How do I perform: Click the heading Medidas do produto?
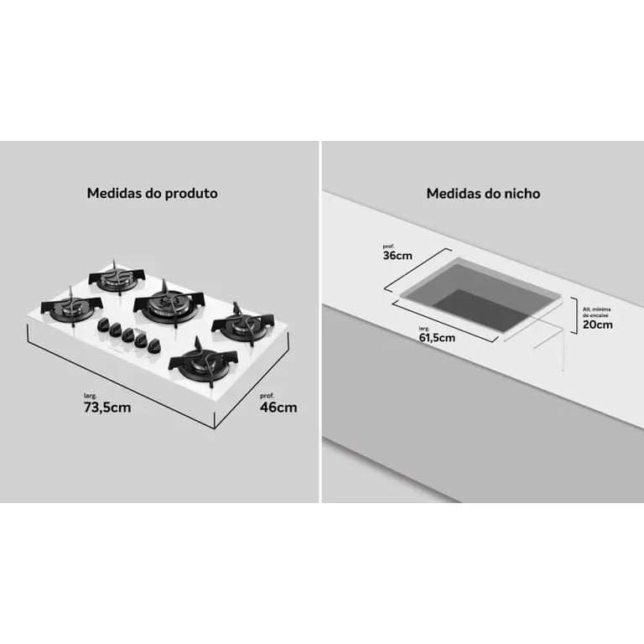152,194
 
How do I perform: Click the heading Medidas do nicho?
483,194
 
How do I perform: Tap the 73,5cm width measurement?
107,408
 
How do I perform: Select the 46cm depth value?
278,408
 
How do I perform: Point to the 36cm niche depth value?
397,256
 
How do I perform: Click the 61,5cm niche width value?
437,338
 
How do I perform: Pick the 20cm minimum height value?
598,325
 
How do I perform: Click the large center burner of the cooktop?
169,304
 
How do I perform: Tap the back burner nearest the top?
117,278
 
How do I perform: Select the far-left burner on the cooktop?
72,307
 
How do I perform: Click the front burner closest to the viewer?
203,362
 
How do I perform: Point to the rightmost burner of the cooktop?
242,324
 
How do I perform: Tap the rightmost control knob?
155,345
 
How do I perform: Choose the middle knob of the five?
127,335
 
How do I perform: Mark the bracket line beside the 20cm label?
574,315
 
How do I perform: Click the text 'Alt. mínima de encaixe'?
597,312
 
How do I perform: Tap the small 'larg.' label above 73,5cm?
91,396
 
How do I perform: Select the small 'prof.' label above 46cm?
267,396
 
